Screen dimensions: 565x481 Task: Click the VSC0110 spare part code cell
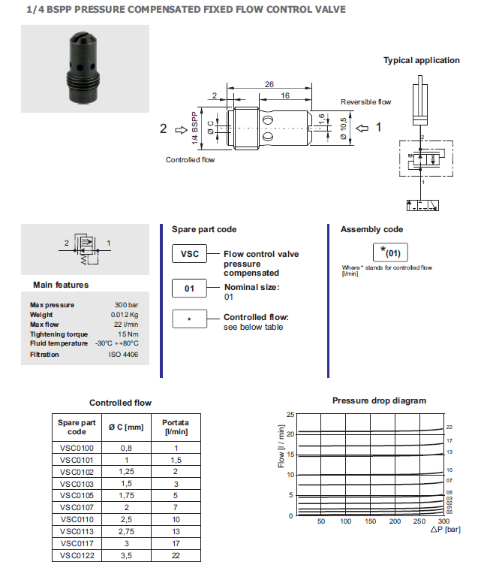(77, 519)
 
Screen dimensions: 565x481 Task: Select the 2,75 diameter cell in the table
(125, 531)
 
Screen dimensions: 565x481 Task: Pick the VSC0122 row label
(77, 555)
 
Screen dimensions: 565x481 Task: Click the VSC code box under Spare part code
(191, 254)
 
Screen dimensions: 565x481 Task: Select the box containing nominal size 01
(191, 289)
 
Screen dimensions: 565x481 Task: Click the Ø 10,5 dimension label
(343, 128)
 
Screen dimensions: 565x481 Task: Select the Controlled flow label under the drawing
(191, 159)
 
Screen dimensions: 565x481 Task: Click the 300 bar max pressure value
(128, 304)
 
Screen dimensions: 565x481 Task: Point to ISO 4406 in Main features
(125, 354)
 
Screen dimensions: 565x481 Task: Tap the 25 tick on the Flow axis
(291, 415)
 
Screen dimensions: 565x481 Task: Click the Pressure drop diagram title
(379, 400)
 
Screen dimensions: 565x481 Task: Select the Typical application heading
(422, 60)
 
